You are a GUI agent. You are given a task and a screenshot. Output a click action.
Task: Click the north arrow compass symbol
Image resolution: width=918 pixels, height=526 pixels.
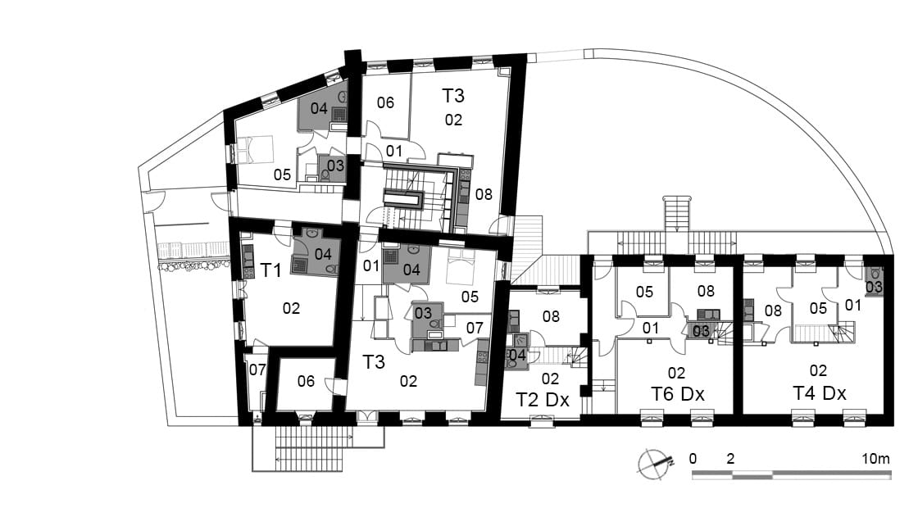655,464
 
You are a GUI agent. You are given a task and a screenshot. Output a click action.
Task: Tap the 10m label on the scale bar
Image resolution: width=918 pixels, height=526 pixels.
875,459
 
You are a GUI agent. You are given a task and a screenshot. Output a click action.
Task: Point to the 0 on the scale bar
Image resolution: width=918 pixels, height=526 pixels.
693,459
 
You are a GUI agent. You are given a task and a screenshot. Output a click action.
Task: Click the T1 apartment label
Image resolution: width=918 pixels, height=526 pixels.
270,270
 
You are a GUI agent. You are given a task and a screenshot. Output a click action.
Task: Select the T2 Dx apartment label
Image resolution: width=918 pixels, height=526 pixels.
542,400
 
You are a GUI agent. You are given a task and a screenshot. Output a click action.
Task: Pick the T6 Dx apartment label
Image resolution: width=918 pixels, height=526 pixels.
677,394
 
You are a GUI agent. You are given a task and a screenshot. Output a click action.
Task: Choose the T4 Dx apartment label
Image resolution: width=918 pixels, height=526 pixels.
819,393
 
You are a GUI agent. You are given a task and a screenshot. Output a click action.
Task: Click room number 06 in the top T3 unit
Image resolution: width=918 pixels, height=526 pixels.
385,103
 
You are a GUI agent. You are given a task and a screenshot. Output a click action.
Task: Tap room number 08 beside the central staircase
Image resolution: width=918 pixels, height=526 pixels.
484,194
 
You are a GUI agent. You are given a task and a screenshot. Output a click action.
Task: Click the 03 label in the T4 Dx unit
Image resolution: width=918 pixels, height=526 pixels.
874,287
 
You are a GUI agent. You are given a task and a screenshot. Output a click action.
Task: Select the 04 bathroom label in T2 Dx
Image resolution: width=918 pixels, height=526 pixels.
517,355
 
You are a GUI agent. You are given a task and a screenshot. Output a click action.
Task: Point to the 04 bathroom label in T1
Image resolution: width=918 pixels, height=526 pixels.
323,255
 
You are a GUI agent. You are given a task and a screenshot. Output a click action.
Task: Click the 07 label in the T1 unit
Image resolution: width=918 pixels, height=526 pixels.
257,370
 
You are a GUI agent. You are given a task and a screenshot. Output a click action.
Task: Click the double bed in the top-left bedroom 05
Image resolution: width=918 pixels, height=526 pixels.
256,150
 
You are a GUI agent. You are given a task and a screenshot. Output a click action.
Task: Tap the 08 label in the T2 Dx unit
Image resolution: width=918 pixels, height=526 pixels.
551,316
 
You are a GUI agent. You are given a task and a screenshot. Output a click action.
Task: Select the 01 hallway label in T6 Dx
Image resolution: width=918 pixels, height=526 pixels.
651,329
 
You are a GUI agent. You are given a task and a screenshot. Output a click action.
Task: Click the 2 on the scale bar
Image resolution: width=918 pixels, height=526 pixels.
730,459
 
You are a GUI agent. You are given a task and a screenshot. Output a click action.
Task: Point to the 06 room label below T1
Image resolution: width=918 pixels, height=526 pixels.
306,382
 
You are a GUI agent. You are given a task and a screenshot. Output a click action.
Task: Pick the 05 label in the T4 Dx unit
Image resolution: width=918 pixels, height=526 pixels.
818,308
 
